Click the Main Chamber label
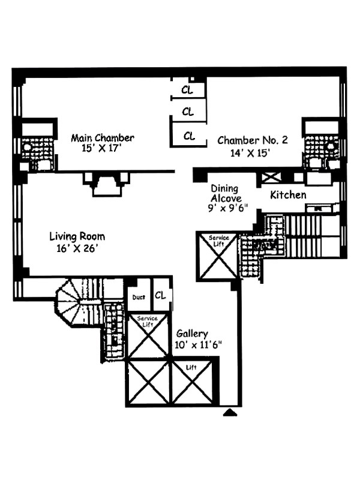click(103, 138)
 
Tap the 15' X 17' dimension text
click(103, 148)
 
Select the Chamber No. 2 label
click(253, 140)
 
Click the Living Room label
click(74, 236)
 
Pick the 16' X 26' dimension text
click(74, 248)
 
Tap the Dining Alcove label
click(226, 193)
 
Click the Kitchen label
click(288, 195)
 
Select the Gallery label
click(192, 334)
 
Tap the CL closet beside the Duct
click(160, 295)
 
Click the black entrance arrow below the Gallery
click(230, 412)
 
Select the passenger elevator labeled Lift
click(191, 382)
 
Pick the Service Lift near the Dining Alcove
click(218, 255)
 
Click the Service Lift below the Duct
click(148, 336)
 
